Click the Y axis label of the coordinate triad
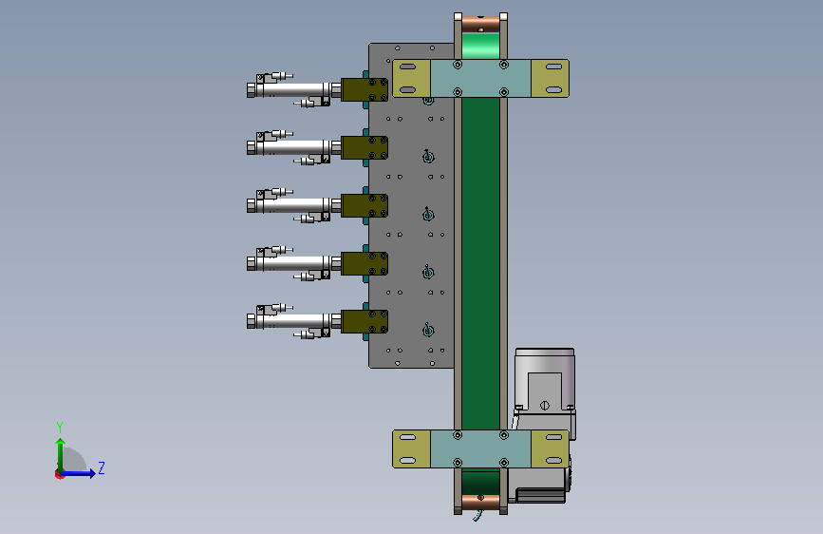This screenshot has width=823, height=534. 60,427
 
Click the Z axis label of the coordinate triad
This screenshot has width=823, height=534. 102,467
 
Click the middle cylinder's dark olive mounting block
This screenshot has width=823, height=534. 365,205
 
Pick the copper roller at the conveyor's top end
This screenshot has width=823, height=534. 480,24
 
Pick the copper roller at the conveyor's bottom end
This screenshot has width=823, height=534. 480,503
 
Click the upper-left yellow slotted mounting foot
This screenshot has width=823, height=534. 412,78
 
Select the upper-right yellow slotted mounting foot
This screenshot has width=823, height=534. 550,78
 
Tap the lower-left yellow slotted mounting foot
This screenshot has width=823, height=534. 412,448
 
